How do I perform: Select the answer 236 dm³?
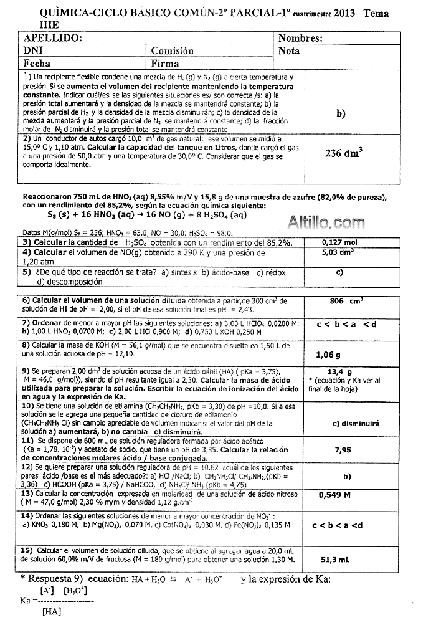point(344,153)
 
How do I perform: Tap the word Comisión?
point(172,51)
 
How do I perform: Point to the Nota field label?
point(289,51)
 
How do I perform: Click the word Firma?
point(164,64)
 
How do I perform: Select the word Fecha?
point(37,64)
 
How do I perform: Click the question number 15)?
point(28,550)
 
